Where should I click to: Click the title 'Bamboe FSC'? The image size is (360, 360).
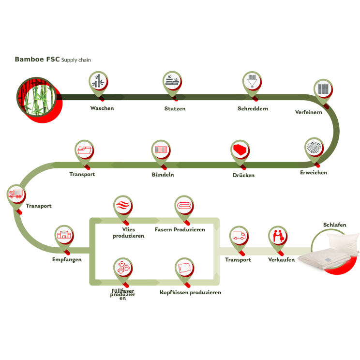(37, 60)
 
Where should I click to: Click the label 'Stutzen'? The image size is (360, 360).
(175, 109)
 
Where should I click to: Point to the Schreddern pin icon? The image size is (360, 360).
(252, 82)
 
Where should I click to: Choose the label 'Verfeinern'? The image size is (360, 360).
(309, 112)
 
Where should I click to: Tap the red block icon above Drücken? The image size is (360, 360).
(240, 150)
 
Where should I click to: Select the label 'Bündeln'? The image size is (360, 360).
(163, 175)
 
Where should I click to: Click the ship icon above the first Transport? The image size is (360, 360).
(84, 150)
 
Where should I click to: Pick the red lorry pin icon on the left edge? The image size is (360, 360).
(16, 195)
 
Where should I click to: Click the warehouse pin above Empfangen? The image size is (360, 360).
(63, 236)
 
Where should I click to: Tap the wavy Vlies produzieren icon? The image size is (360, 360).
(122, 206)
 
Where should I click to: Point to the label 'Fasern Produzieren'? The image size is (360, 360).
(180, 229)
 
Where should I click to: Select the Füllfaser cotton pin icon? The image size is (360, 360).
(122, 267)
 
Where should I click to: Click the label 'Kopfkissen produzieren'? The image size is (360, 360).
(190, 292)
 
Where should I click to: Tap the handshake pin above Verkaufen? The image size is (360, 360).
(278, 236)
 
